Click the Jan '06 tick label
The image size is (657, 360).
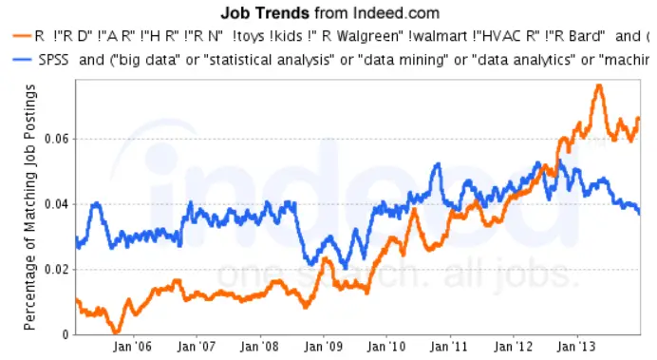pos(133,348)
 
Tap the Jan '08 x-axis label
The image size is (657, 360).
pos(261,348)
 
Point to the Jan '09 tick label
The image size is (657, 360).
pos(325,348)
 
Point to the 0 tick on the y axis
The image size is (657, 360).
pos(66,334)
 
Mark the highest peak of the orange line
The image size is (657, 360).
pos(599,85)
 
